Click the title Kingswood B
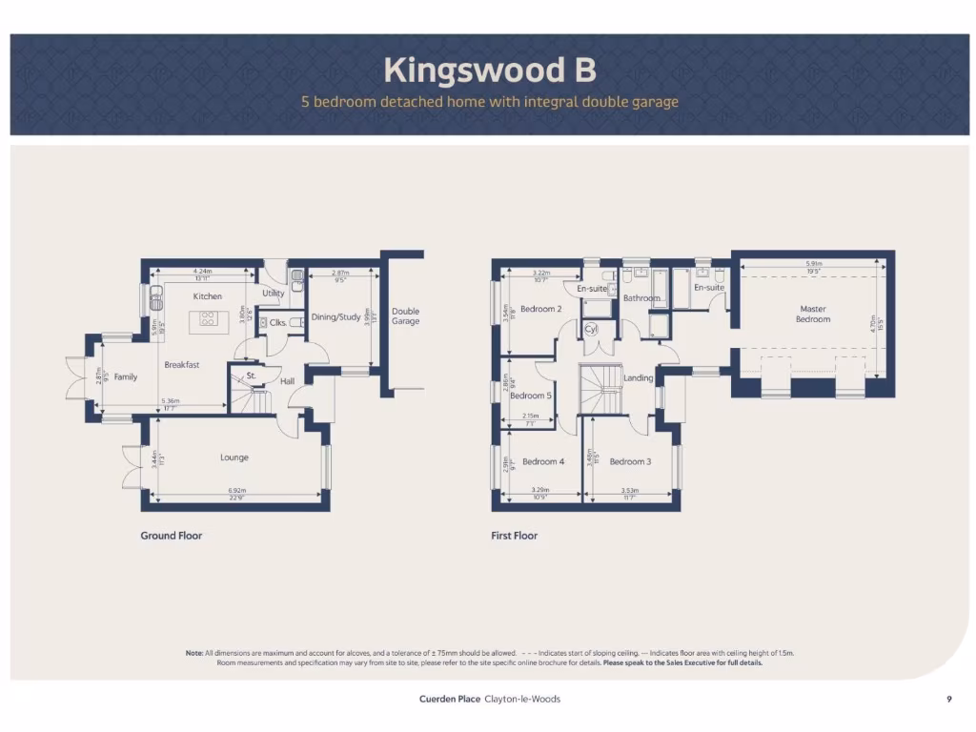[490, 70]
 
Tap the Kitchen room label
[207, 296]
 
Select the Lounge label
[234, 457]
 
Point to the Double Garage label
[405, 316]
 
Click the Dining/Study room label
[336, 317]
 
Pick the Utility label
[274, 295]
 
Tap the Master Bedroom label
[812, 314]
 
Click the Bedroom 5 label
[530, 396]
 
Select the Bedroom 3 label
[630, 462]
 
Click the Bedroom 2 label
[540, 309]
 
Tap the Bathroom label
[642, 298]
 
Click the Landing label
[638, 378]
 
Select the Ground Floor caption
[172, 536]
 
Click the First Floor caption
[515, 536]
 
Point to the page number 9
[949, 700]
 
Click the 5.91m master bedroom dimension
[812, 264]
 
